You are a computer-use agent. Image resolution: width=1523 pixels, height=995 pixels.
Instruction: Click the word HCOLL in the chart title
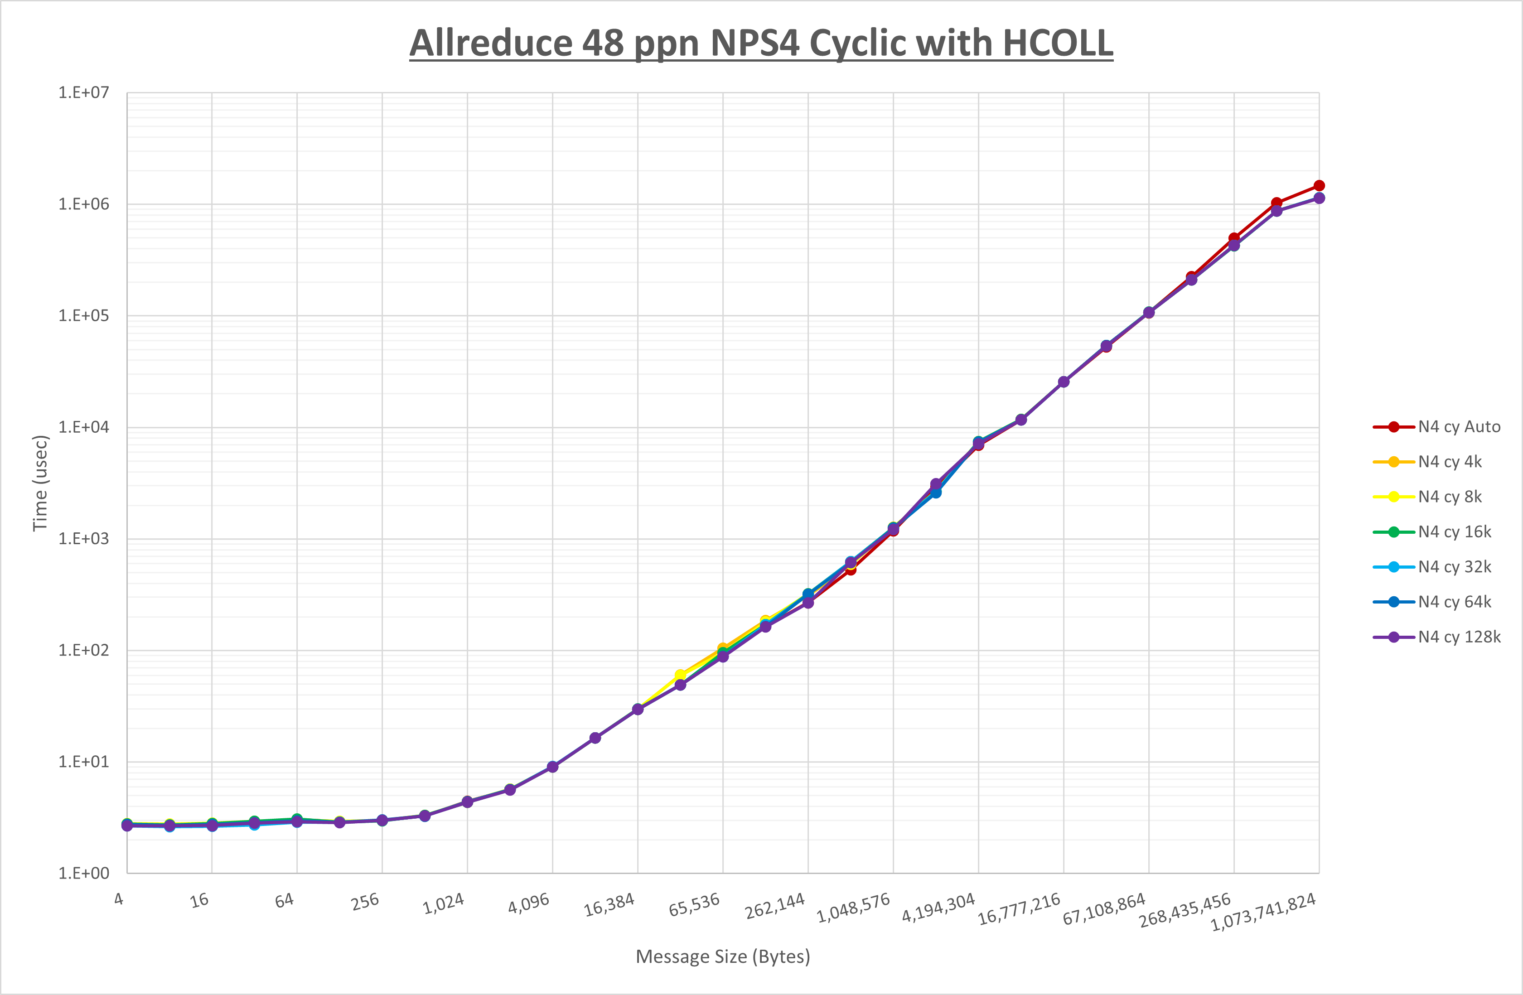click(x=1057, y=43)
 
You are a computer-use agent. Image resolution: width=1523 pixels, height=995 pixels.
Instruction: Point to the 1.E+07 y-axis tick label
click(x=84, y=93)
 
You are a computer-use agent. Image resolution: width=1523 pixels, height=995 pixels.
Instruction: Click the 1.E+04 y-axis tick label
click(x=84, y=427)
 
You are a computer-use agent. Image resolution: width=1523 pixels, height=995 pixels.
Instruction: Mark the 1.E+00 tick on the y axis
click(x=84, y=874)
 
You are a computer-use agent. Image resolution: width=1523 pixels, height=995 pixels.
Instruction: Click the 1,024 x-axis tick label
click(x=444, y=903)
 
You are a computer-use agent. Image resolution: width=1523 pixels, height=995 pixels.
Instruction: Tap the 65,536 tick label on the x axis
click(x=694, y=904)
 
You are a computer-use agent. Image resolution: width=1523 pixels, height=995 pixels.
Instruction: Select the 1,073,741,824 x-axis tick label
click(x=1263, y=912)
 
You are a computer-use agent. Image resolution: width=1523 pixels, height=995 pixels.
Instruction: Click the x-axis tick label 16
click(x=200, y=900)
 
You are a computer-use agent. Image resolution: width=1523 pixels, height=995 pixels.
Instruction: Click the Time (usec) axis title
click(x=40, y=483)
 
